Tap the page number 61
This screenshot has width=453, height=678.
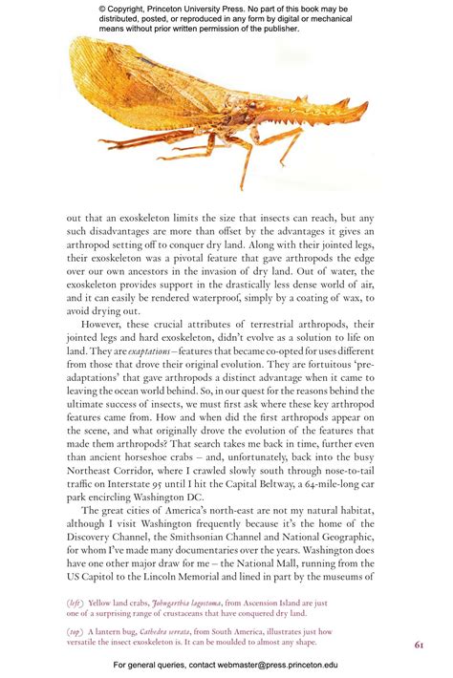click(419, 645)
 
